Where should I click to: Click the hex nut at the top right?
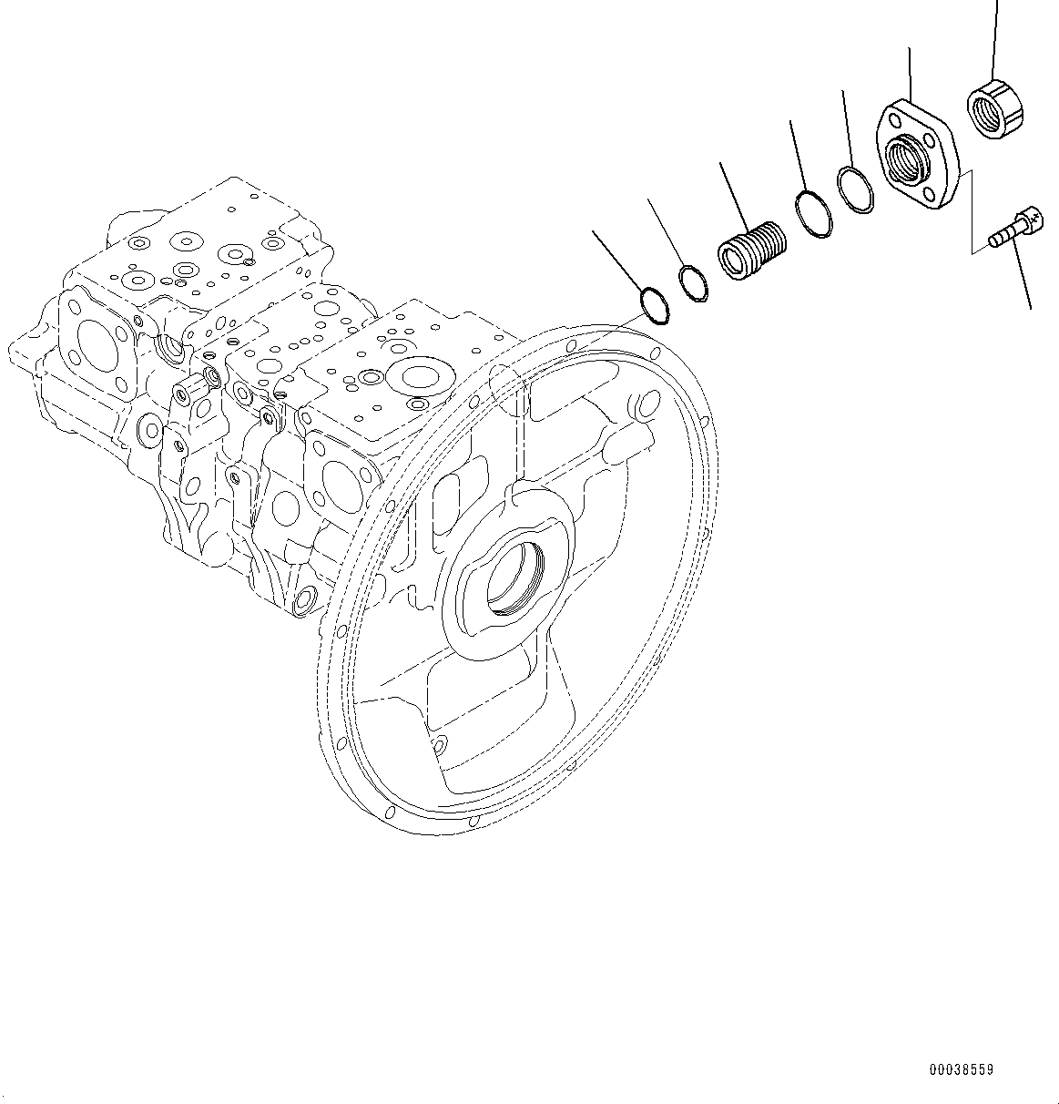993,108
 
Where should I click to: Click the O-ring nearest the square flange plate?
854,190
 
